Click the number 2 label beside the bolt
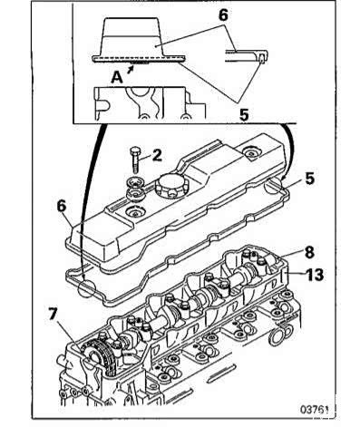[157, 155]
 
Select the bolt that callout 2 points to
[134, 160]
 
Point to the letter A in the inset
[117, 78]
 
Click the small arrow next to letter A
[131, 70]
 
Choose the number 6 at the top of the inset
[223, 15]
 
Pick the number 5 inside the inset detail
[244, 115]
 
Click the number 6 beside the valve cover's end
[62, 207]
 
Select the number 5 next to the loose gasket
[309, 179]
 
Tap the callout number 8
[309, 253]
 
